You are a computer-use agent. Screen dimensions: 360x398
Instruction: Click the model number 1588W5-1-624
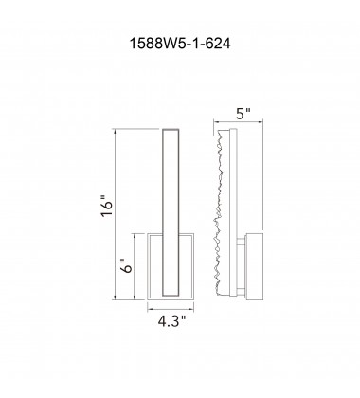click(180, 44)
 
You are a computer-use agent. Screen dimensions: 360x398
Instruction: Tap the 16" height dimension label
click(107, 207)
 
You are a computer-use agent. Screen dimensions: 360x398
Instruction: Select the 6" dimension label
click(127, 266)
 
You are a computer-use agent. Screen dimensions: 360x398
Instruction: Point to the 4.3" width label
click(171, 322)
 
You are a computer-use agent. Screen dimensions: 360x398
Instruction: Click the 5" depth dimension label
click(243, 114)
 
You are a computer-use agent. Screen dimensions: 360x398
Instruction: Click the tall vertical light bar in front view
click(171, 212)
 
